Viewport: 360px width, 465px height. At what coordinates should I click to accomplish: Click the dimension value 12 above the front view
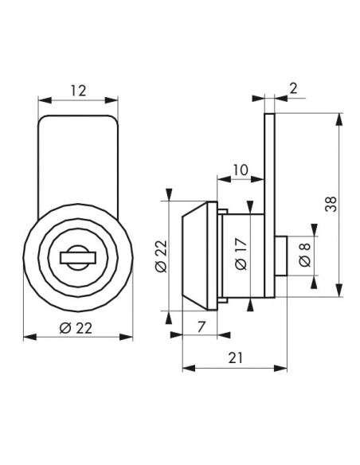point(78,91)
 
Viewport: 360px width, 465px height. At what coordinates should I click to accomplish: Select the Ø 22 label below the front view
point(76,328)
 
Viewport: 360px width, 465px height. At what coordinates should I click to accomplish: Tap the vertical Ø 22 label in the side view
point(162,256)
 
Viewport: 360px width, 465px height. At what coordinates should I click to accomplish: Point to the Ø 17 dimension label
point(241,254)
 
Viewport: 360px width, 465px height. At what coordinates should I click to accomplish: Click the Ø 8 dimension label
point(305,255)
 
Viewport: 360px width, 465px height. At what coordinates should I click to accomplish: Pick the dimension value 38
point(331,204)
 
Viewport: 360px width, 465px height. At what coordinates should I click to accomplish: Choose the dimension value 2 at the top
point(293,88)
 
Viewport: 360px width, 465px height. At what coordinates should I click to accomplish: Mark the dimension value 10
point(241,170)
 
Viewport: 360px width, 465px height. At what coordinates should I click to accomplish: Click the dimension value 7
point(202,326)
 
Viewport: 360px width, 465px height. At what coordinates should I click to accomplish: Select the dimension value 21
point(236,358)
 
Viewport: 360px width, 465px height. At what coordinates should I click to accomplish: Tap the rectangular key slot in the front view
point(78,257)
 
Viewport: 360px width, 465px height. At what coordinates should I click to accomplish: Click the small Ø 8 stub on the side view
point(281,256)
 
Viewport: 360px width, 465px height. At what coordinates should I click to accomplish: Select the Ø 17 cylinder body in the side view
point(241,256)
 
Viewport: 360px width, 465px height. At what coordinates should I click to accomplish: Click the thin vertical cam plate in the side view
point(269,205)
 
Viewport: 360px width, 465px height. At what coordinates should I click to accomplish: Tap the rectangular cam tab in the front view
point(78,160)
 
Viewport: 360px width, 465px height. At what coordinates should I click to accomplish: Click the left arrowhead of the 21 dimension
point(189,369)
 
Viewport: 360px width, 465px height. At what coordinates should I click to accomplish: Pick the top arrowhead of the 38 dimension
point(338,119)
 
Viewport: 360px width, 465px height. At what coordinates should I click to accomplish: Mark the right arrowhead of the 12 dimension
point(112,100)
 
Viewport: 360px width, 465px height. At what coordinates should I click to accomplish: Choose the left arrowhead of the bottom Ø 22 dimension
point(30,338)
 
